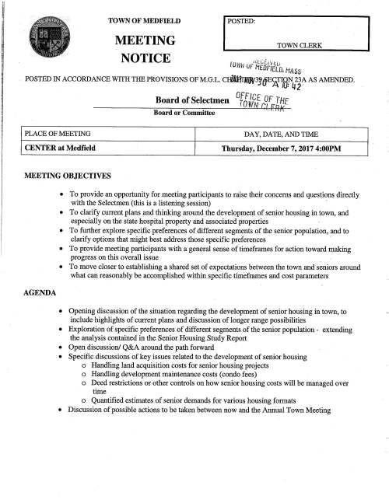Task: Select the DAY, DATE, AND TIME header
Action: coord(282,134)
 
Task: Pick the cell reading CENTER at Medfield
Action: coord(48,148)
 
